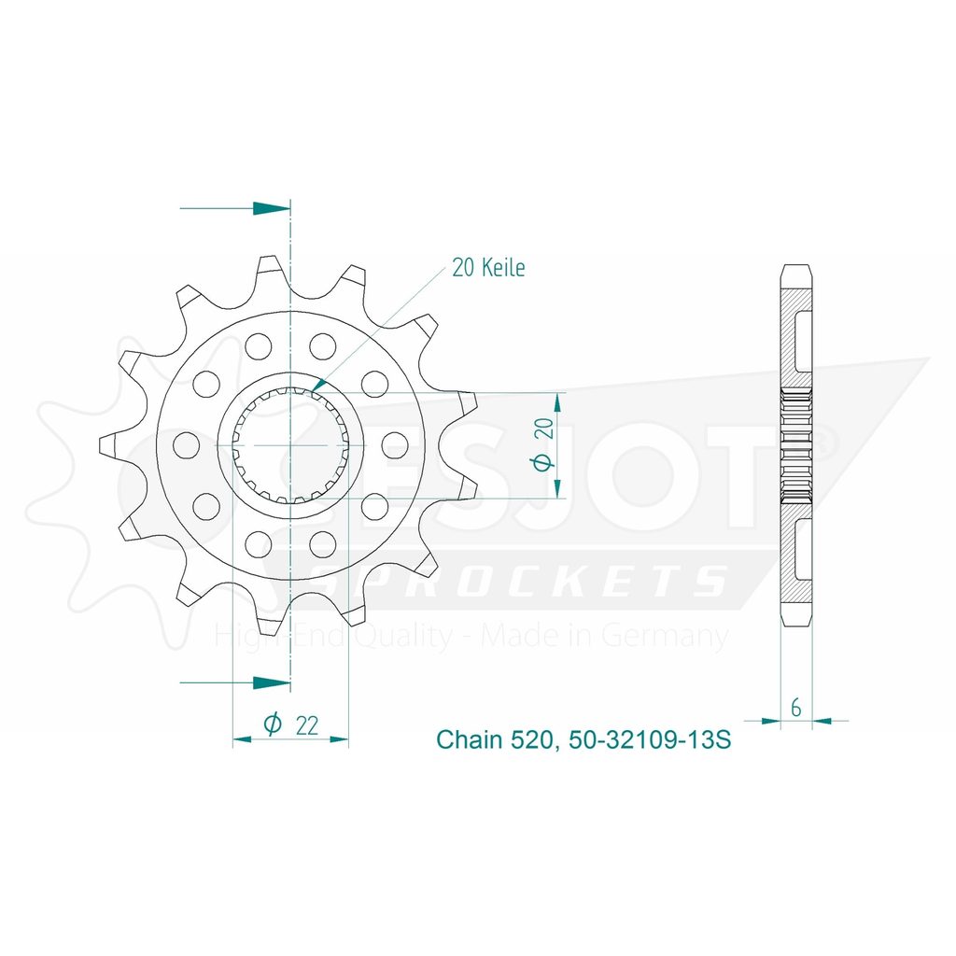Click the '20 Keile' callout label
pyautogui.click(x=487, y=268)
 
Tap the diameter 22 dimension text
pyautogui.click(x=291, y=724)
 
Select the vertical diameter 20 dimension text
pyautogui.click(x=544, y=444)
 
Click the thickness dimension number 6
pyautogui.click(x=795, y=708)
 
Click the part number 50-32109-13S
pyautogui.click(x=649, y=739)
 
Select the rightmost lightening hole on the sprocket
pyautogui.click(x=395, y=445)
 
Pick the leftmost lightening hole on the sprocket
pyautogui.click(x=187, y=445)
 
